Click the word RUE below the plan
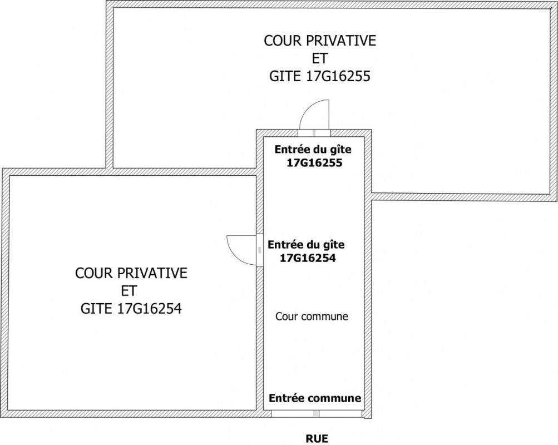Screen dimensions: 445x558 (x=317, y=438)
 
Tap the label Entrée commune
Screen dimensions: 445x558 (x=315, y=398)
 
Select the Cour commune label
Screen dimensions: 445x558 (x=312, y=317)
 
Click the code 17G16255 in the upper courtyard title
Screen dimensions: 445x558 (x=338, y=76)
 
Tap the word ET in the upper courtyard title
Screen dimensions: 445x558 (x=320, y=58)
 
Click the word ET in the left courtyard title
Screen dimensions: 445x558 (x=129, y=290)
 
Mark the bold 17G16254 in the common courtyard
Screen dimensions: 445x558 (x=307, y=258)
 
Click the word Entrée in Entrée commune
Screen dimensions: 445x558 (x=287, y=398)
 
